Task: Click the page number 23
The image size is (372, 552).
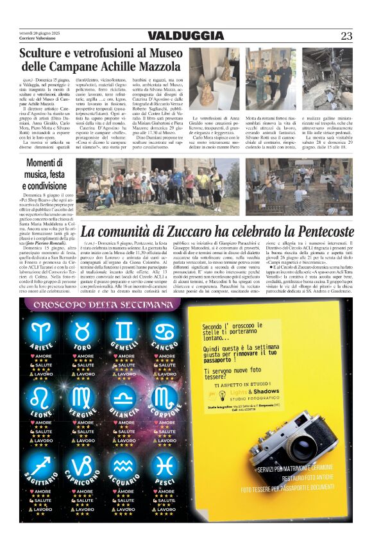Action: (x=346, y=36)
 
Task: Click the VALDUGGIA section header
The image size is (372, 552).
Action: (x=185, y=36)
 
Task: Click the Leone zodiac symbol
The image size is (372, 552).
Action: (x=42, y=397)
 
